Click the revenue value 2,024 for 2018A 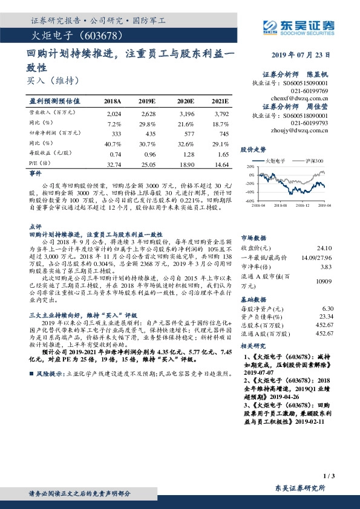(x=114, y=113)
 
